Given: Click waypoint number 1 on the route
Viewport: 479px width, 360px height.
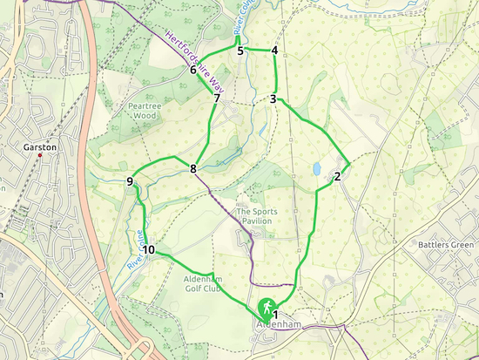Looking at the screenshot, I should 275,314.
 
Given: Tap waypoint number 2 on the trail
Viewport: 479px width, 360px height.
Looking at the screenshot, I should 336,177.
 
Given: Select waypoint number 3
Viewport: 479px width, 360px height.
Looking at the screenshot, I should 273,98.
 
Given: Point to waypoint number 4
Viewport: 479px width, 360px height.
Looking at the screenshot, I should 274,51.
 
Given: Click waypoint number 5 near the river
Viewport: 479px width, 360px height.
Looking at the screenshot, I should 240,51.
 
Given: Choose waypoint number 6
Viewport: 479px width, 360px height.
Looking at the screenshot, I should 192,70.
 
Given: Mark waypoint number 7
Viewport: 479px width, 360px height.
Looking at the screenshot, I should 216,98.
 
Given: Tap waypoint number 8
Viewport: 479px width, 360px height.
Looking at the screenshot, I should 193,168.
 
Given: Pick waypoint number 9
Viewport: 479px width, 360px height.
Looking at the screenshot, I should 130,181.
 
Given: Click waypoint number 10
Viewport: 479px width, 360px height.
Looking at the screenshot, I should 149,250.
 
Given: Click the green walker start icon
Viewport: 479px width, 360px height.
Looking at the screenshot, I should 263,309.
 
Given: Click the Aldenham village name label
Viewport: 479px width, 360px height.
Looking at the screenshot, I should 277,325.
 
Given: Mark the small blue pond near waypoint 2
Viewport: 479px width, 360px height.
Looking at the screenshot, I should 317,168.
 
